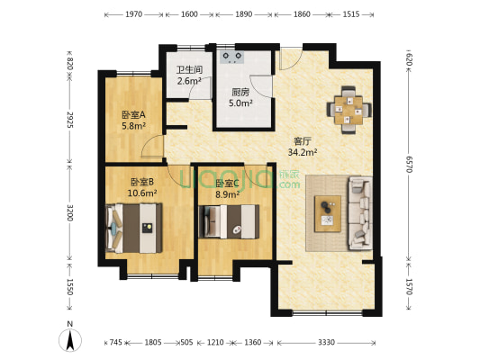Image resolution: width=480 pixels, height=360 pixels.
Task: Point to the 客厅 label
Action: click(x=303, y=139)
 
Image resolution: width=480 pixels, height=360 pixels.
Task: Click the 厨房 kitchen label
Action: click(x=240, y=92)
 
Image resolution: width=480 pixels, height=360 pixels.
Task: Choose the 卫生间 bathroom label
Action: click(x=189, y=70)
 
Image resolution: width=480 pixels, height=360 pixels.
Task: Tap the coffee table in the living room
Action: click(x=324, y=211)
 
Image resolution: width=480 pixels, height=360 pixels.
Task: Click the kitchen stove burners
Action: click(x=236, y=56)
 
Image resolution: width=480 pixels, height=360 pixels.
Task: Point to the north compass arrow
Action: click(x=70, y=340)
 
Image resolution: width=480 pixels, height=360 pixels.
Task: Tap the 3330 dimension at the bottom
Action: click(x=326, y=343)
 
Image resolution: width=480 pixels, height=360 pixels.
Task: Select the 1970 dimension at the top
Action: click(x=134, y=14)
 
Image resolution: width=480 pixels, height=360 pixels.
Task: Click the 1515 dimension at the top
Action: click(x=351, y=14)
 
